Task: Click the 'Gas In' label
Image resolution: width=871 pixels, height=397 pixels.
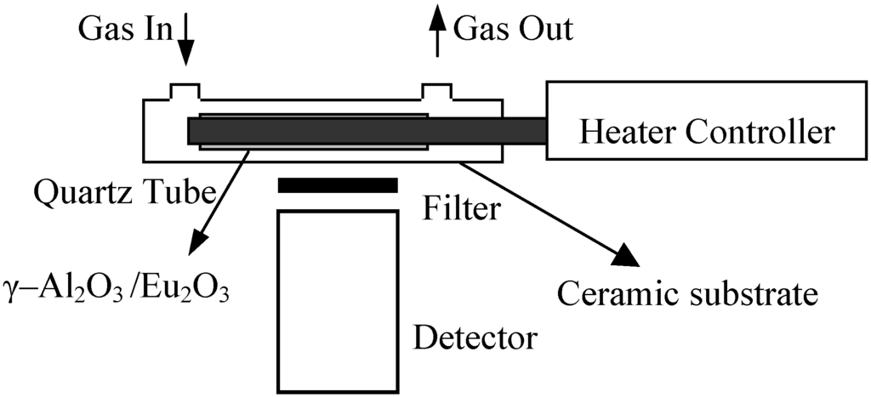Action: coord(126,31)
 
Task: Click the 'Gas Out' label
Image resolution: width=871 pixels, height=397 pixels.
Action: coord(513,31)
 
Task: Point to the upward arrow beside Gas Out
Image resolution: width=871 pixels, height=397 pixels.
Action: coord(438,37)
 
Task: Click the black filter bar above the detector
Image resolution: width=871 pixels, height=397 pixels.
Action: coord(338,185)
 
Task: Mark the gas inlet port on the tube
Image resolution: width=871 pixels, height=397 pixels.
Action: coord(185,92)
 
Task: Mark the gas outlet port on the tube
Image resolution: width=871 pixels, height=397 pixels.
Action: coord(438,92)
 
